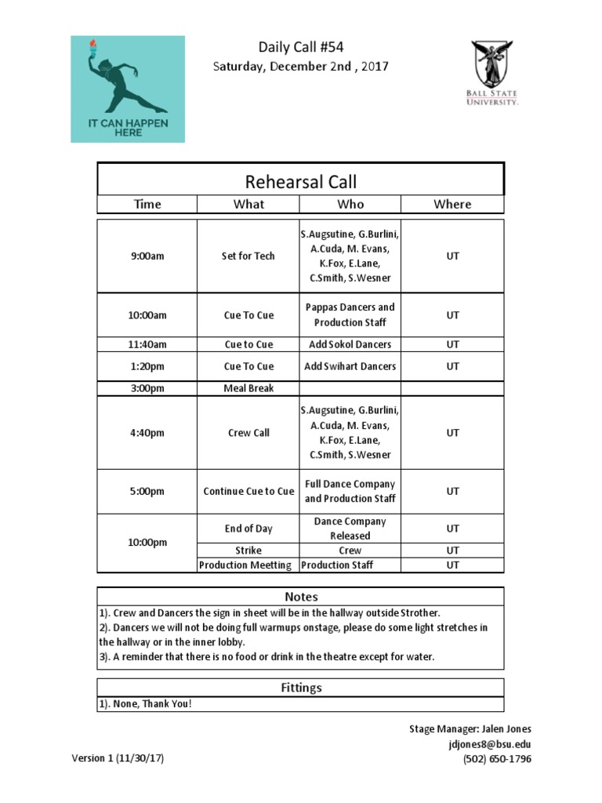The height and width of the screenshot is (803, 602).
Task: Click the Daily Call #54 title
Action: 301,48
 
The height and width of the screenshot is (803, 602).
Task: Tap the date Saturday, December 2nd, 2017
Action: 301,67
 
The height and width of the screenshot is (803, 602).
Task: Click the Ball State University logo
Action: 493,73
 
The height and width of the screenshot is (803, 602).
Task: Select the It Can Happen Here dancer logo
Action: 128,89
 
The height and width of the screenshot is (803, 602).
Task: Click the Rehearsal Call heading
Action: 301,182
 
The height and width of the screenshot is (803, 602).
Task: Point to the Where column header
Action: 452,204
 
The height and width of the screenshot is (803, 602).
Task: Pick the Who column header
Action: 350,204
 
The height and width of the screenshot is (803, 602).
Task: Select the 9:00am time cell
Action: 147,256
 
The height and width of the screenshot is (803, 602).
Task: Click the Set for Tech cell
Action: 248,256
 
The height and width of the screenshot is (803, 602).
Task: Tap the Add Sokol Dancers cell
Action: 350,344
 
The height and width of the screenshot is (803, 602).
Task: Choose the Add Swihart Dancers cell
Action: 350,366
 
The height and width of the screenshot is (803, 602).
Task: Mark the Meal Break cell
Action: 248,388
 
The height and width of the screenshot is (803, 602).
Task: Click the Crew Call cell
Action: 248,433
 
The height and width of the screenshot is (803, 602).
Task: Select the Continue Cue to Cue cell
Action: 248,492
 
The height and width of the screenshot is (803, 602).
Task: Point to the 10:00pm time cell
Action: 147,543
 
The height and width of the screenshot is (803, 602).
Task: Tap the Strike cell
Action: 248,550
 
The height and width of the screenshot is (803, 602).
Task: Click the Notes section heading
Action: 301,597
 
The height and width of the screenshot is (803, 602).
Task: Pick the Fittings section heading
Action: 301,688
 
